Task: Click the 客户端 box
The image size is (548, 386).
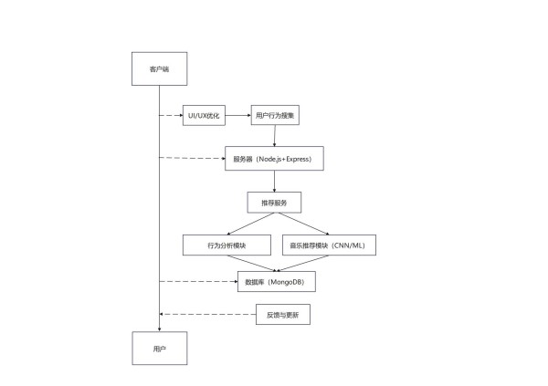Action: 159,68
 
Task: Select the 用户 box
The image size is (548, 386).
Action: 160,349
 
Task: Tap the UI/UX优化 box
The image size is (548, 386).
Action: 204,115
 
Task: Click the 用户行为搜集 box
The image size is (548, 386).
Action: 275,115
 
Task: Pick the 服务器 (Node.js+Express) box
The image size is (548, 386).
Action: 274,159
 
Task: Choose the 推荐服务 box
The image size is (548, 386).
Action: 274,203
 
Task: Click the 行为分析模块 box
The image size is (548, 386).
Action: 227,245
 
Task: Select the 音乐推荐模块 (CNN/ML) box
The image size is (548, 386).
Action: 329,245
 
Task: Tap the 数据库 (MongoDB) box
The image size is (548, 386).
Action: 277,281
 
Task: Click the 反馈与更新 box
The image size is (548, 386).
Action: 283,315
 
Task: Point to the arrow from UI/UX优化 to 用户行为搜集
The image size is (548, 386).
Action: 238,115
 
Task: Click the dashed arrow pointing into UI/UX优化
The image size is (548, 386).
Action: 171,115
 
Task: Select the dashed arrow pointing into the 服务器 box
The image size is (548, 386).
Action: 192,158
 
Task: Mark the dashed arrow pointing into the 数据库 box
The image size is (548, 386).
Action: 198,281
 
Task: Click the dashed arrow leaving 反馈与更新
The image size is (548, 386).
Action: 207,315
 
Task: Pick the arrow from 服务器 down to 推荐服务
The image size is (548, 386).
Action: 274,182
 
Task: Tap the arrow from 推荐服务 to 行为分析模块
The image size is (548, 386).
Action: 250,224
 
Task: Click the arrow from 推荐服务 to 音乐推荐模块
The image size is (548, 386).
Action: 303,224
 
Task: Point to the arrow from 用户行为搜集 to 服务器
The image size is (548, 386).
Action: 275,136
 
